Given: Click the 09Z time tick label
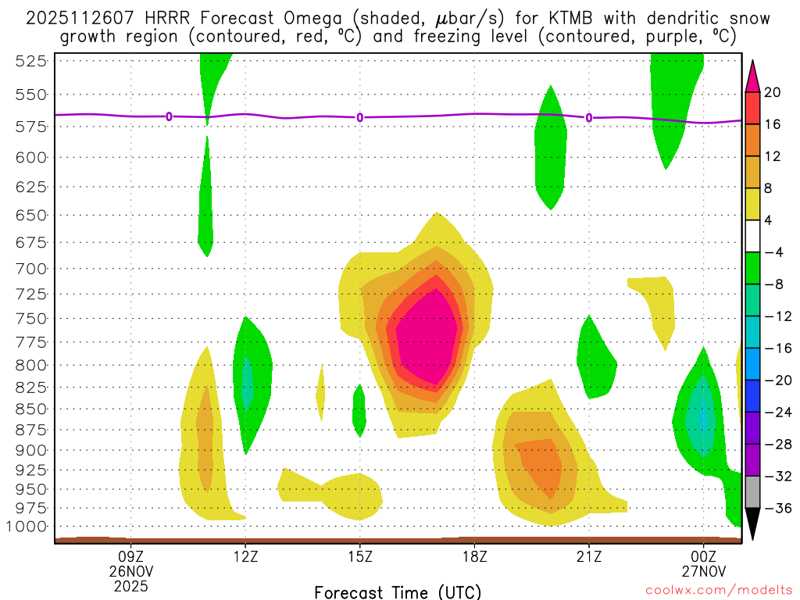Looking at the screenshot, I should click(x=130, y=556).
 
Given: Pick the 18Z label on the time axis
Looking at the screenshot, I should click(x=474, y=556).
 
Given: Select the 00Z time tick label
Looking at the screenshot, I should click(x=704, y=556).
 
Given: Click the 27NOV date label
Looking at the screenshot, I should click(x=704, y=571).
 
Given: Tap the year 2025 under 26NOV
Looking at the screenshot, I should click(x=130, y=585).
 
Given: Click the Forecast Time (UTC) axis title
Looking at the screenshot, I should click(x=398, y=591).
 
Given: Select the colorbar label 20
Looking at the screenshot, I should click(x=773, y=93).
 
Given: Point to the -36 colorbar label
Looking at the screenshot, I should click(x=776, y=509).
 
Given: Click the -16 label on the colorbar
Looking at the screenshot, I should click(x=776, y=348).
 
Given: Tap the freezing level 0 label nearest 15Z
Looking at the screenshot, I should click(x=360, y=117).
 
